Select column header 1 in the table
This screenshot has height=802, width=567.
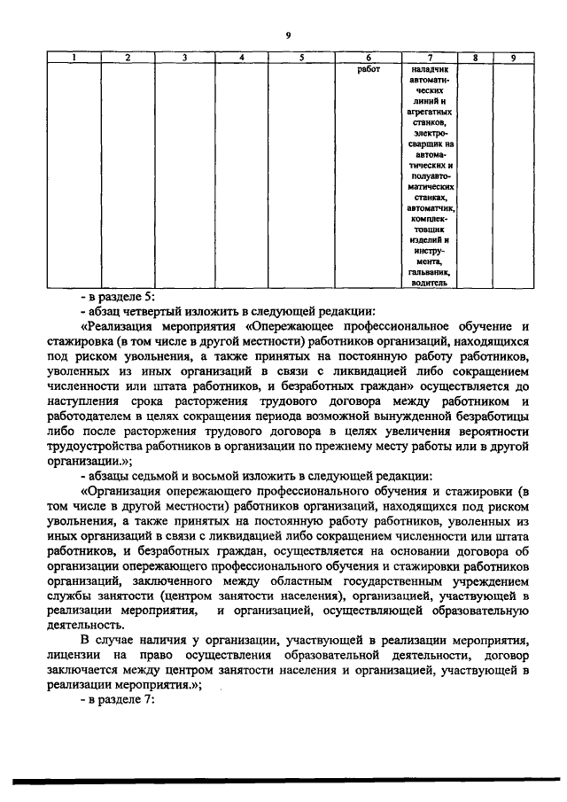(x=74, y=58)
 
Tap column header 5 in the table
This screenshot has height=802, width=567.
(x=301, y=58)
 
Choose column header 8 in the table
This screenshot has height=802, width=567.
(x=476, y=58)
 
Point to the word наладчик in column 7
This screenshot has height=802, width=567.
(x=431, y=68)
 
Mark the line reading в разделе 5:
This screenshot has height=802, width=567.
(x=117, y=297)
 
